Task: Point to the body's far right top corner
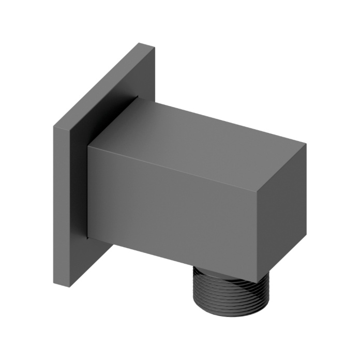[306, 144]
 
